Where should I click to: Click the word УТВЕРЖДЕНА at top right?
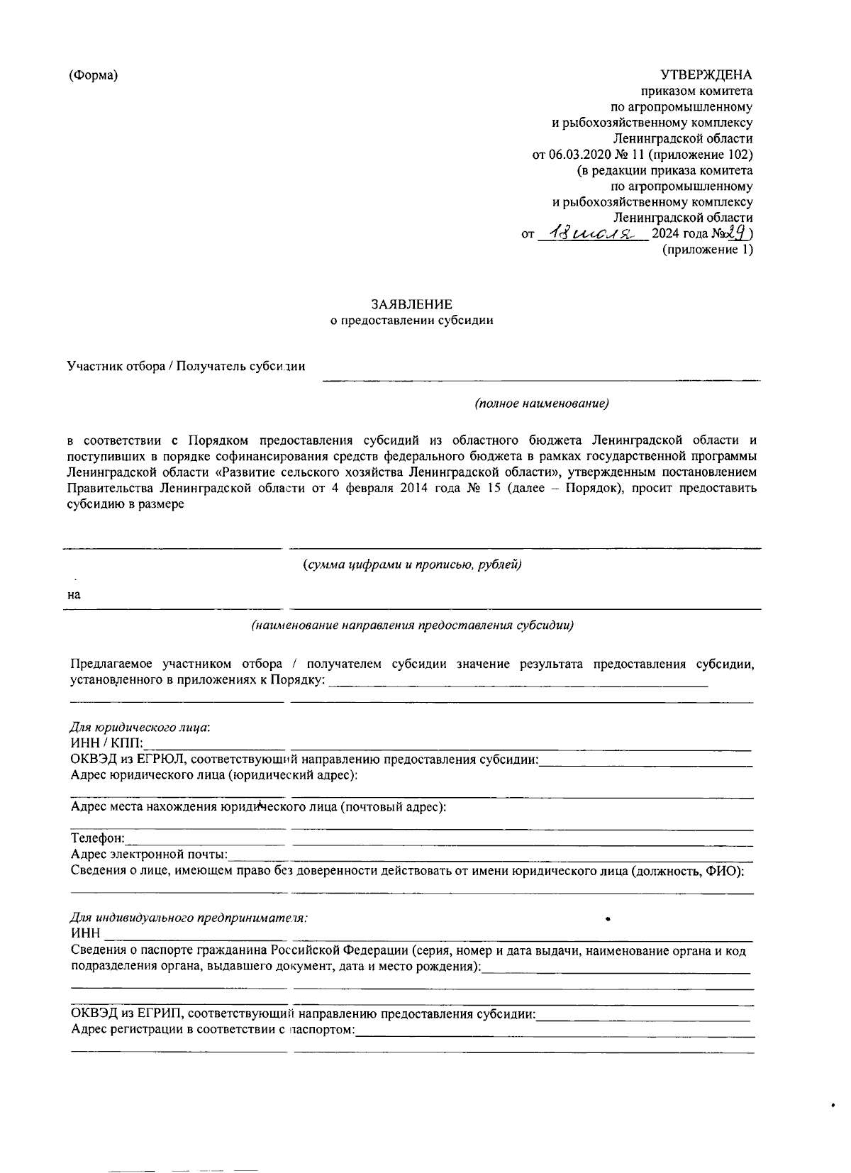click(706, 75)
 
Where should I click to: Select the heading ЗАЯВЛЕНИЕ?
click(412, 304)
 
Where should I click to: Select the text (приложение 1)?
click(707, 250)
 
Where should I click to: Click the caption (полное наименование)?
click(543, 404)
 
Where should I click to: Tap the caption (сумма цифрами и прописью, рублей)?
click(412, 565)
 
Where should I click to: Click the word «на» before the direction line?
click(74, 595)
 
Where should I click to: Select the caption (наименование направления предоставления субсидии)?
click(412, 626)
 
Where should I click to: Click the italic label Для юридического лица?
click(140, 728)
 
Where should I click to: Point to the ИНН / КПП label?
click(106, 744)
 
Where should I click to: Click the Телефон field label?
click(98, 839)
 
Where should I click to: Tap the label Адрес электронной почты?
click(149, 855)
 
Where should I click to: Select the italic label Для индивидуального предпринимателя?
click(189, 917)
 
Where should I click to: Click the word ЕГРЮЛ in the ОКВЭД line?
click(163, 760)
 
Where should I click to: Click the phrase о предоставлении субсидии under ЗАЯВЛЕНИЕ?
click(412, 321)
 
